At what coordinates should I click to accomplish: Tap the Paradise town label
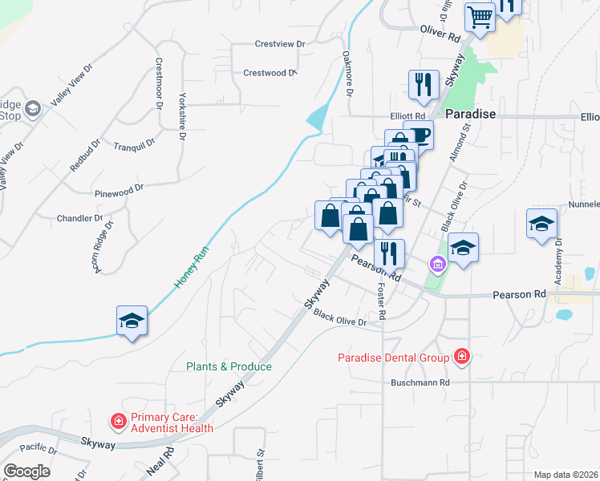tap(471, 115)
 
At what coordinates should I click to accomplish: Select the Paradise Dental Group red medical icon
tap(461, 355)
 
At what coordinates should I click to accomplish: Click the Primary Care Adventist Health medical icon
tap(118, 421)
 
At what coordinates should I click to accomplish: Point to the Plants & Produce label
tap(229, 366)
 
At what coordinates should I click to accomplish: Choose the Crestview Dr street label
tap(280, 44)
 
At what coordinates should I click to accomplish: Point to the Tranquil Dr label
tap(134, 147)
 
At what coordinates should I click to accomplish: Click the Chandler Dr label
tap(79, 218)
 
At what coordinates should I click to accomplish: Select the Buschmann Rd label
tap(420, 382)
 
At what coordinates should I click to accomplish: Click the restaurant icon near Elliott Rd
tap(423, 84)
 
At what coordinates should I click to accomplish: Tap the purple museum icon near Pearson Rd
tap(437, 263)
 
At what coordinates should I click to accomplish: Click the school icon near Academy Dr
tap(541, 224)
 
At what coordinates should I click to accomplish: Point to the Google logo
tap(26, 471)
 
